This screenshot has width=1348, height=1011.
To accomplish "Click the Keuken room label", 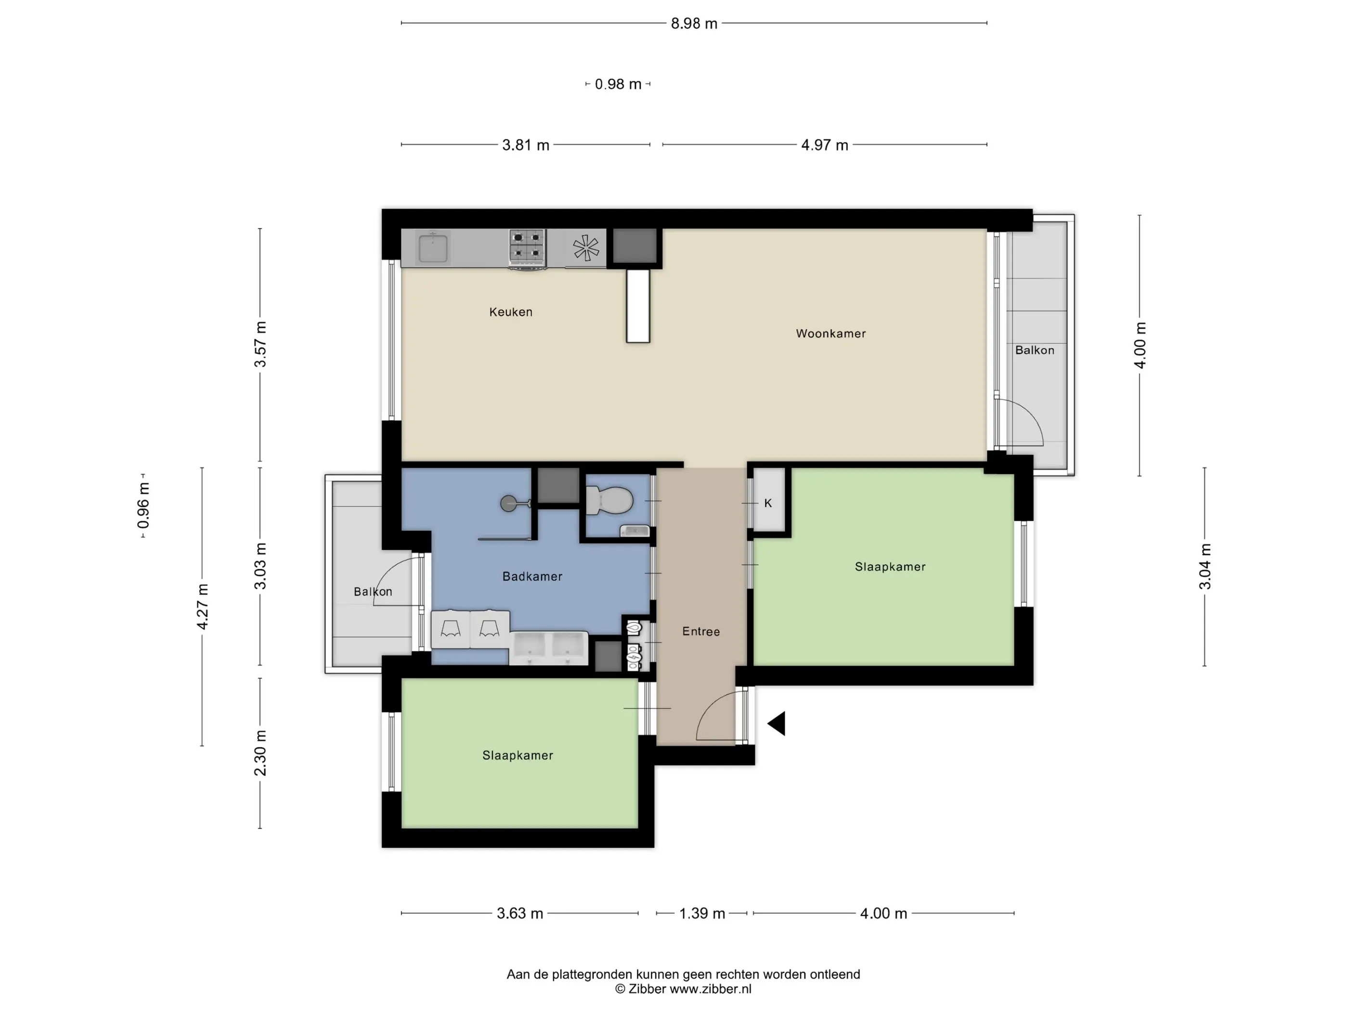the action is point(511,312).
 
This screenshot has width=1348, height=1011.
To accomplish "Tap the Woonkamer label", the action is point(830,333).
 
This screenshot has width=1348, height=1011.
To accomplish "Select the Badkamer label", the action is point(532,576).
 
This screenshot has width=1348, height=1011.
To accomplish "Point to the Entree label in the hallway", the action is point(701,631).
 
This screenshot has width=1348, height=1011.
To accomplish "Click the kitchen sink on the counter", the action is point(433,248).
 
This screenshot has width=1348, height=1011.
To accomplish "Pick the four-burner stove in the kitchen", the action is point(527,248).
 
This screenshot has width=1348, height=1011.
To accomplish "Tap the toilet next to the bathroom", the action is point(609,501).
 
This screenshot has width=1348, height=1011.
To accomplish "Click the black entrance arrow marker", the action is point(777,724).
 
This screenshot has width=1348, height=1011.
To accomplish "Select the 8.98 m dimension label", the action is point(694,24).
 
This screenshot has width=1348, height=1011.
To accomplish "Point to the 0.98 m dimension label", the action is point(618,84).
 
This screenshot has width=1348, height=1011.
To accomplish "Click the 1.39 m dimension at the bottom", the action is point(702,913).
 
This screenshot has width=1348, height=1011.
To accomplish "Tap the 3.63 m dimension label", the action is point(520,913).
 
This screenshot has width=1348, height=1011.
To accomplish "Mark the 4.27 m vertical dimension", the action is point(202,607).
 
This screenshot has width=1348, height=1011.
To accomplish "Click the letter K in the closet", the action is point(768,503).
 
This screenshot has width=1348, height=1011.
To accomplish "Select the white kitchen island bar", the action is point(638,306).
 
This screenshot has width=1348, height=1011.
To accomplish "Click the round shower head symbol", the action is point(508,504).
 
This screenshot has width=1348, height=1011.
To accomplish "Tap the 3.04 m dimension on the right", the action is point(1205,567).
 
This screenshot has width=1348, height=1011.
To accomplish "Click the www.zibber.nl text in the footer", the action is point(711,989).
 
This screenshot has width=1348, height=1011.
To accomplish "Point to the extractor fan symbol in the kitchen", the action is point(585,248).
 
